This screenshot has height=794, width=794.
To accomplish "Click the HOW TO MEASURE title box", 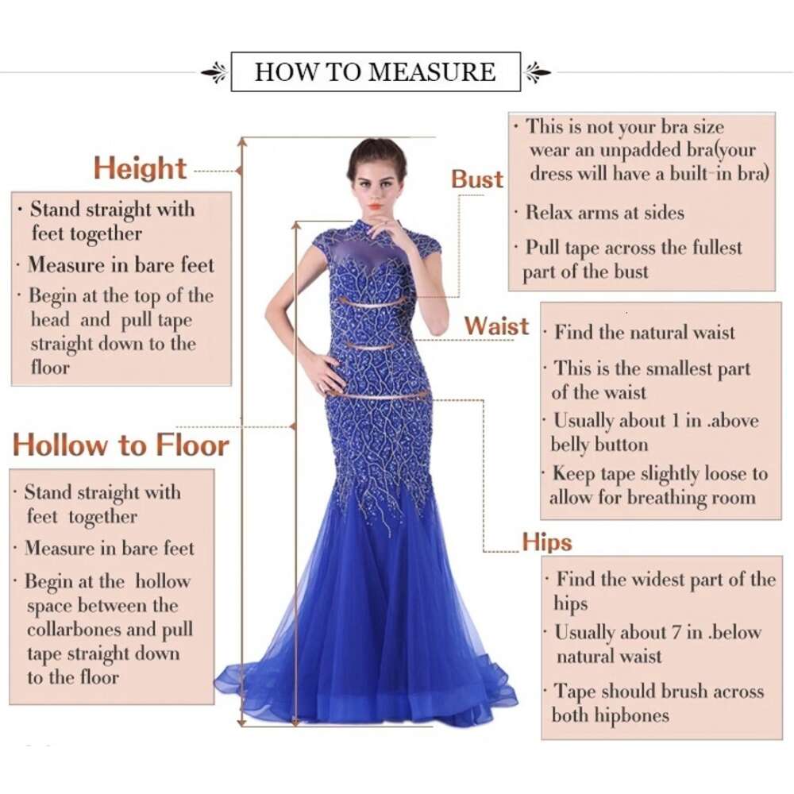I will (375, 72).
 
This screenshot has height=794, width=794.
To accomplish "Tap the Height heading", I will (140, 168).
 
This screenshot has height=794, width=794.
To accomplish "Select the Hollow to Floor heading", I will (121, 445).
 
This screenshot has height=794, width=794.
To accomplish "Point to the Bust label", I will (477, 179).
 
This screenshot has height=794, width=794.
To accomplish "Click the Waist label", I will (496, 326).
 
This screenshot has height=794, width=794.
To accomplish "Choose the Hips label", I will (547, 542).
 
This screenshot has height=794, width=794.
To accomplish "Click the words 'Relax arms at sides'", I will (604, 213).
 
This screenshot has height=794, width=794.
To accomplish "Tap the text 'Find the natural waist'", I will (645, 333).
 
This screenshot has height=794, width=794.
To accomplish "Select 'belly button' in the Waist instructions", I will (599, 444).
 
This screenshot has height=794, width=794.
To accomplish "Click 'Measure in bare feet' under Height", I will (121, 264).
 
